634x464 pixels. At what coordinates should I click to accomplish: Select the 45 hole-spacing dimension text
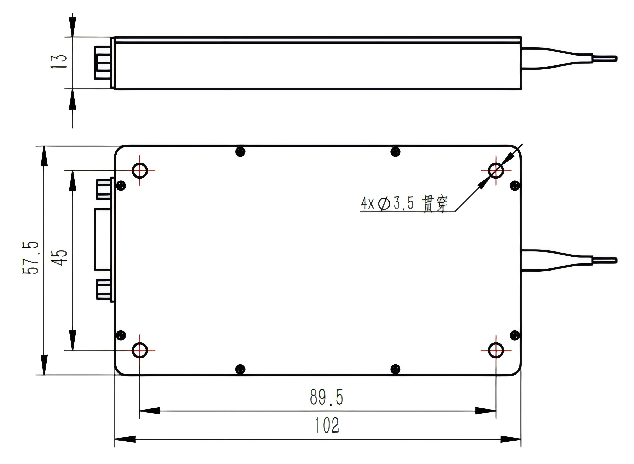coord(59,257)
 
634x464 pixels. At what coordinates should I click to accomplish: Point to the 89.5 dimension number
coord(326,397)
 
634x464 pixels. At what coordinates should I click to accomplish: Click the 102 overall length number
coord(327,425)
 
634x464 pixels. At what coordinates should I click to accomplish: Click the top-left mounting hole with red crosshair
coord(140,170)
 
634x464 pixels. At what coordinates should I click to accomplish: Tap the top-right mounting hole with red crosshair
coord(496,170)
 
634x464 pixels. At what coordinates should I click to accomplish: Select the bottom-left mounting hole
coord(140,350)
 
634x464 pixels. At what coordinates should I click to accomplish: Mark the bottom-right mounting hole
coord(496,350)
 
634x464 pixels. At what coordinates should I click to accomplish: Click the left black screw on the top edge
coord(240,152)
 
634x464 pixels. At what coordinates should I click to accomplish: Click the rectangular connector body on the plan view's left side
coord(103,239)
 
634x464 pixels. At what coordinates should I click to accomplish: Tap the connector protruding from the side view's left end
coord(102,63)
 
